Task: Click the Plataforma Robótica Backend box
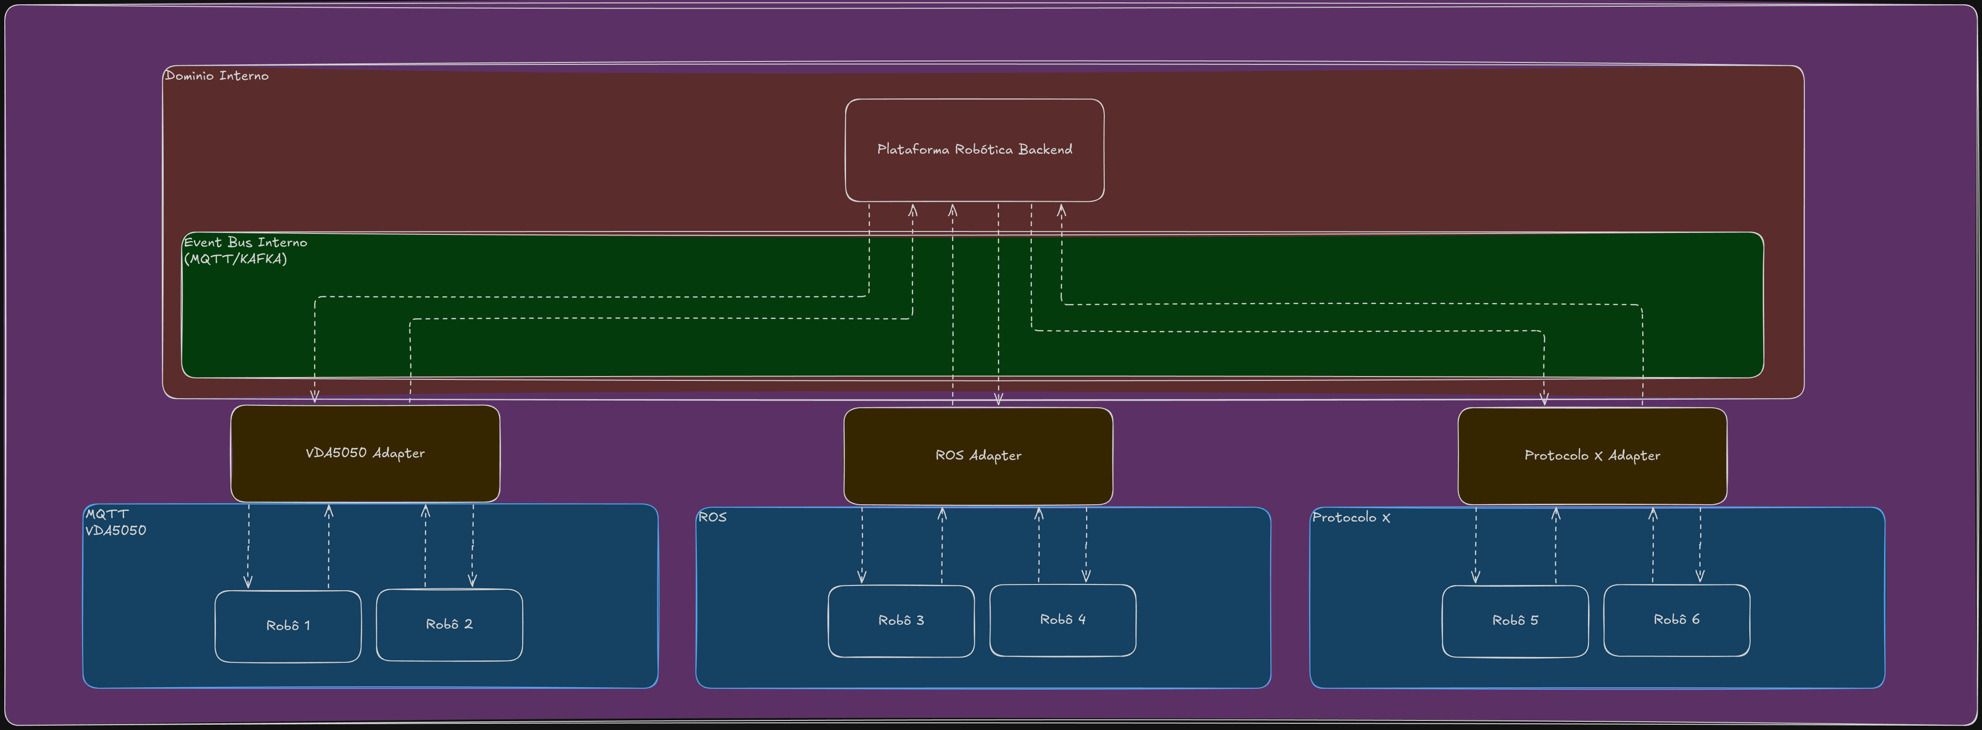pos(974,150)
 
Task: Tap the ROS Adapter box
pos(978,456)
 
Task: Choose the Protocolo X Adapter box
pos(1592,456)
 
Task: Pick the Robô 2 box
pos(449,624)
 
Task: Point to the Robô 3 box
pos(901,620)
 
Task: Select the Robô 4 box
pos(1063,620)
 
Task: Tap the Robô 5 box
pos(1515,620)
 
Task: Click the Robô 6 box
pos(1677,620)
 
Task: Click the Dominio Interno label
pos(217,75)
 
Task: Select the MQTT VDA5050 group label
pos(115,522)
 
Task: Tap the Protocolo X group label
pos(1351,517)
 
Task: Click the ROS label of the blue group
pos(712,517)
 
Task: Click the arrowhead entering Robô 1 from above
pos(248,582)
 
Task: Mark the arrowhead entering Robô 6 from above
pos(1700,576)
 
